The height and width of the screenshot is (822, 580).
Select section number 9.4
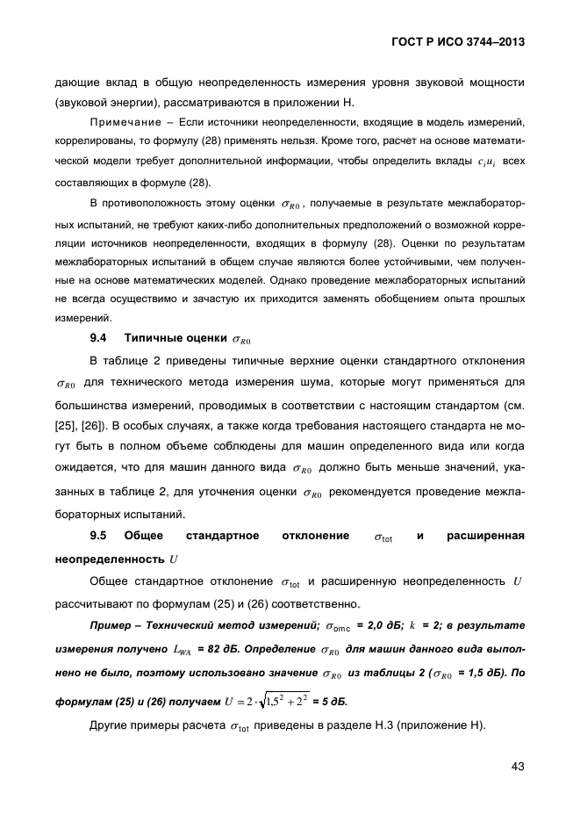[98, 337]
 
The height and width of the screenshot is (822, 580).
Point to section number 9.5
[98, 535]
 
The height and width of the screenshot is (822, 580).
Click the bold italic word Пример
[114, 625]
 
